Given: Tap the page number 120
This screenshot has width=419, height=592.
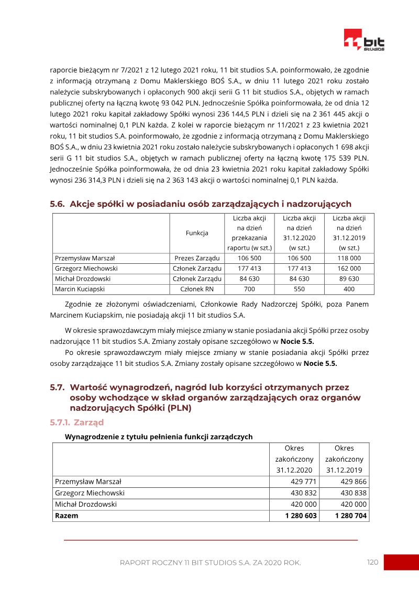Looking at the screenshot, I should [x=372, y=562].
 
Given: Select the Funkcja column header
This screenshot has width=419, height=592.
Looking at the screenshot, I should [x=197, y=233].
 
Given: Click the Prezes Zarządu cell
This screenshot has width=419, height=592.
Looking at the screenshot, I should [x=197, y=258].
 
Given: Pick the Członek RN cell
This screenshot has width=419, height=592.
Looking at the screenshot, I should [x=197, y=289].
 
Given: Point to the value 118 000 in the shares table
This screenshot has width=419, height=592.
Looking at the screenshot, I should [x=349, y=258].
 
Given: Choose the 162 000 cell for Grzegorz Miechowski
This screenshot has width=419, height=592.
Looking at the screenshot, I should [x=349, y=269].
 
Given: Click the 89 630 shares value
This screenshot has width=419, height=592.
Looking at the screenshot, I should [x=349, y=278].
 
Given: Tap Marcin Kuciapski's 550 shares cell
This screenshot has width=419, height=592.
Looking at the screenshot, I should [x=300, y=289].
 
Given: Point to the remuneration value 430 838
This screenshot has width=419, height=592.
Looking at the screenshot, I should [x=354, y=493].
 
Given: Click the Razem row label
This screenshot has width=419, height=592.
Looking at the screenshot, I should [x=67, y=516].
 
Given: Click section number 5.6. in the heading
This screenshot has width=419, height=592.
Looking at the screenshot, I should [x=57, y=204].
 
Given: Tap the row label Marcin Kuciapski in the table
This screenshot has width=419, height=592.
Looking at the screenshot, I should [x=80, y=289].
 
